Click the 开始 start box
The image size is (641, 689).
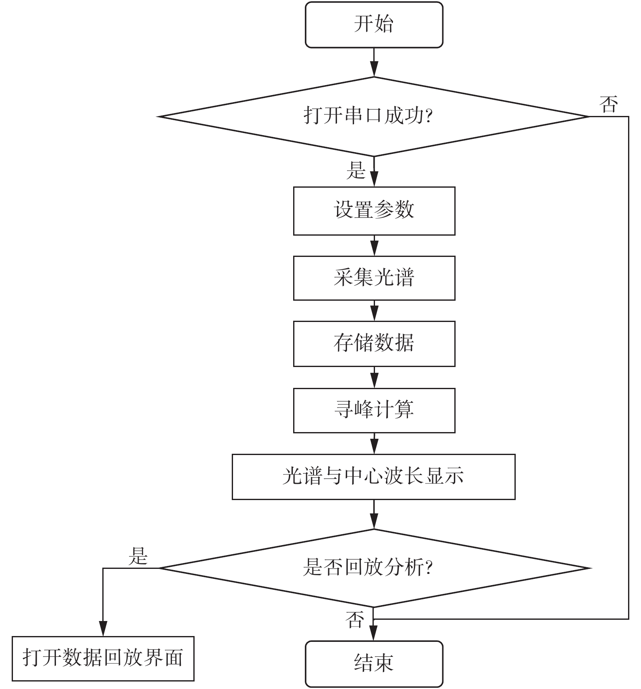tap(374, 25)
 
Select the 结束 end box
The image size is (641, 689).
tap(374, 663)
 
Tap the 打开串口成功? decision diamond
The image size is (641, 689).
tap(374, 116)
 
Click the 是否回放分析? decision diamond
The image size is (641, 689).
tap(374, 568)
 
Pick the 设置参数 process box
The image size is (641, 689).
tap(374, 211)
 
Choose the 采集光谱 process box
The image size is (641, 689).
tap(374, 278)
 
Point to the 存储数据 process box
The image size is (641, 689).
tap(374, 344)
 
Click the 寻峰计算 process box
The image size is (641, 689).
tap(374, 410)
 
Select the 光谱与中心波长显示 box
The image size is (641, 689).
tap(373, 477)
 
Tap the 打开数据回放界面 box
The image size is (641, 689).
tap(103, 659)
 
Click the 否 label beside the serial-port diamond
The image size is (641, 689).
tap(608, 104)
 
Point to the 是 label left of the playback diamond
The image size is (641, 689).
tap(138, 556)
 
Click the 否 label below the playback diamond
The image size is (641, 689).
tap(355, 620)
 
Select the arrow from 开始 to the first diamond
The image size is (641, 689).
tap(374, 63)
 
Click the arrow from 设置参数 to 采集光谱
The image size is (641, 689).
tap(374, 246)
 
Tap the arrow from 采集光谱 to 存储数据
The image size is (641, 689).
tap(374, 311)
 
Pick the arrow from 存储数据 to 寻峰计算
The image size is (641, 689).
tap(374, 377)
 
